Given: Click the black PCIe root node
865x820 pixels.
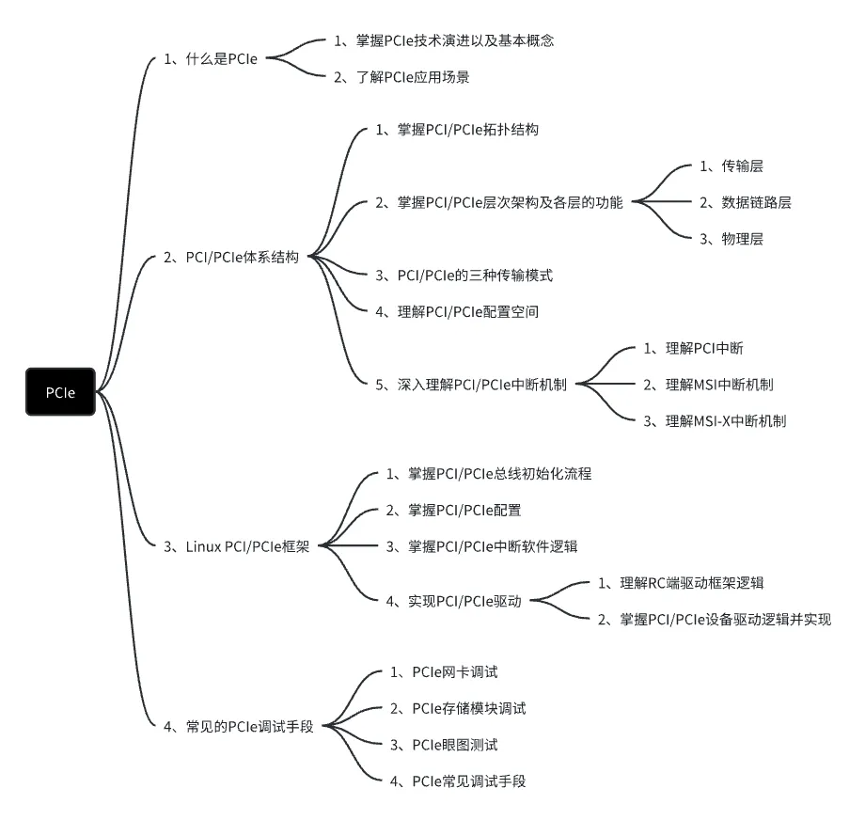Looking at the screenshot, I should tap(60, 392).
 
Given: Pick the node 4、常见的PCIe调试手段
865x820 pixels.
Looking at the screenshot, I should tap(238, 726).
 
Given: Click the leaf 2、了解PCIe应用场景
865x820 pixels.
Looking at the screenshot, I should tap(401, 77).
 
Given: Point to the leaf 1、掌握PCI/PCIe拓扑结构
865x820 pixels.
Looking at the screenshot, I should tap(457, 130).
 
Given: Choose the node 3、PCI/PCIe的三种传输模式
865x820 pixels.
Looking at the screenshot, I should tap(464, 275).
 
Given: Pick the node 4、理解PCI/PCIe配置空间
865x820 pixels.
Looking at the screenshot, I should tap(457, 311).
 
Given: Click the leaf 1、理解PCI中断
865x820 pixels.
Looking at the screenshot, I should tap(693, 348).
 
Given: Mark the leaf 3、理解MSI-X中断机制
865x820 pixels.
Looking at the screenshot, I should tap(715, 420).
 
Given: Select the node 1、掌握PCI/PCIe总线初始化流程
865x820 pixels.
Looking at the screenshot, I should tap(489, 474).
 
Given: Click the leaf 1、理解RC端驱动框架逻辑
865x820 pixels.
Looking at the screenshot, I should tap(687, 583).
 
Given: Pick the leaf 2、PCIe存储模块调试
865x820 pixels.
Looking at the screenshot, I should tap(458, 708).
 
